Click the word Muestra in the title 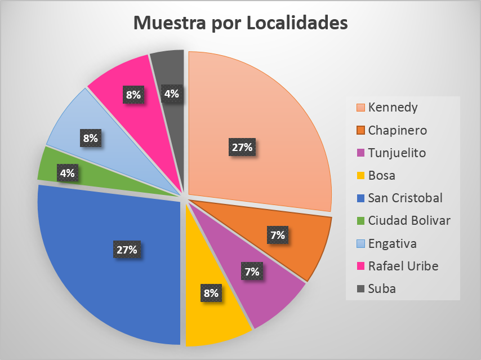coord(170,24)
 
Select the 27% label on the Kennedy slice coord(242,148)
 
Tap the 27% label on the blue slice coord(128,250)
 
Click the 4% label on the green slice coord(68,174)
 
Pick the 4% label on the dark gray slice coord(171,94)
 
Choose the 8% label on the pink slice coord(133,95)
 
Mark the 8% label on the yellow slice coord(212,293)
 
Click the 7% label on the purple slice coord(252,272)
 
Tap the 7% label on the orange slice coord(277,235)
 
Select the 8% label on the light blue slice coord(90,137)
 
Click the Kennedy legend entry coord(393,108)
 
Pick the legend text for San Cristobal coord(405,198)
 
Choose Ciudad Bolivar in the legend coord(409,220)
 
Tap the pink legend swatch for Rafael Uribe coord(360,266)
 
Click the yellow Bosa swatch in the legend coord(360,175)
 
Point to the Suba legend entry coord(382,288)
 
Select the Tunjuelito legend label coord(397,153)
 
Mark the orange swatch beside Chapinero coord(360,130)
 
